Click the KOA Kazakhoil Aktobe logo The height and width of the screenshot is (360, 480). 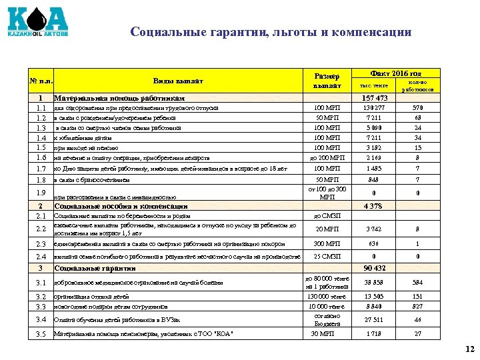[x=38, y=21]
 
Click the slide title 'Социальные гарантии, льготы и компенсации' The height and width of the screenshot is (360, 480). [x=271, y=32]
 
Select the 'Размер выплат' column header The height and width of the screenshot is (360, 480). [x=327, y=81]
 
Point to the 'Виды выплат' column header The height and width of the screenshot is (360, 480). [x=178, y=81]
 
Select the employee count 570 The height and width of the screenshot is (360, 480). [x=417, y=108]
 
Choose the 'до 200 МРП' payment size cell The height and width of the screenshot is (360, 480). [x=327, y=158]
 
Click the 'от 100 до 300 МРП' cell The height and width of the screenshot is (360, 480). [x=327, y=193]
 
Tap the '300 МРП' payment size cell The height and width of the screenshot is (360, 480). [x=327, y=244]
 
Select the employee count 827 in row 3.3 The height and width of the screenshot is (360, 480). [x=417, y=306]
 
